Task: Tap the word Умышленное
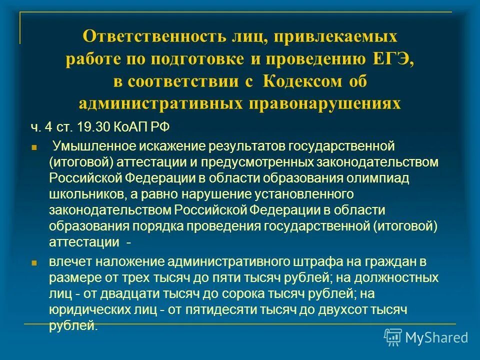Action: point(90,147)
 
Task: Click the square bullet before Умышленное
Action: point(34,148)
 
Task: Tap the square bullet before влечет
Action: point(34,262)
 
